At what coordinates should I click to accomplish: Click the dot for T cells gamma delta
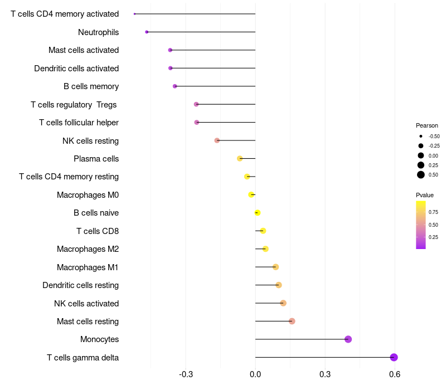pyautogui.click(x=394, y=357)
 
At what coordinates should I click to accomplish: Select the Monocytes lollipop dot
pyautogui.click(x=348, y=339)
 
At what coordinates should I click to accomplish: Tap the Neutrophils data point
pyautogui.click(x=147, y=32)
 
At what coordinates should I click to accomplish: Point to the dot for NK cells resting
pyautogui.click(x=217, y=140)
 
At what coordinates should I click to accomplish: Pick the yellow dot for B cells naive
pyautogui.click(x=257, y=213)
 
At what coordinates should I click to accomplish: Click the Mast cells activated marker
pyautogui.click(x=170, y=50)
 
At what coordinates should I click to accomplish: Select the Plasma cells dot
pyautogui.click(x=240, y=159)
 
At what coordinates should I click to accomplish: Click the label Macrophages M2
pyautogui.click(x=88, y=249)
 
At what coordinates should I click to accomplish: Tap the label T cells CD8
pyautogui.click(x=98, y=231)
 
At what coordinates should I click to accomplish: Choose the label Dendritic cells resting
pyautogui.click(x=80, y=285)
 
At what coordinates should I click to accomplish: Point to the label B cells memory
pyautogui.click(x=91, y=86)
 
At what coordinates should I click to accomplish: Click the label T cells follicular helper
pyautogui.click(x=79, y=123)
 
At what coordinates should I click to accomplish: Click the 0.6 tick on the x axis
pyautogui.click(x=395, y=374)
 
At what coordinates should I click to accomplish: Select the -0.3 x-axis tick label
pyautogui.click(x=186, y=374)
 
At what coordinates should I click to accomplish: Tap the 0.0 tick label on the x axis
pyautogui.click(x=255, y=374)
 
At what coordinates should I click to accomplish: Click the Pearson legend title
pyautogui.click(x=427, y=125)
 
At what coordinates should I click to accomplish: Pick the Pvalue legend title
pyautogui.click(x=425, y=195)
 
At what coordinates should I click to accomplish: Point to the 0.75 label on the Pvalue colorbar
pyautogui.click(x=433, y=212)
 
